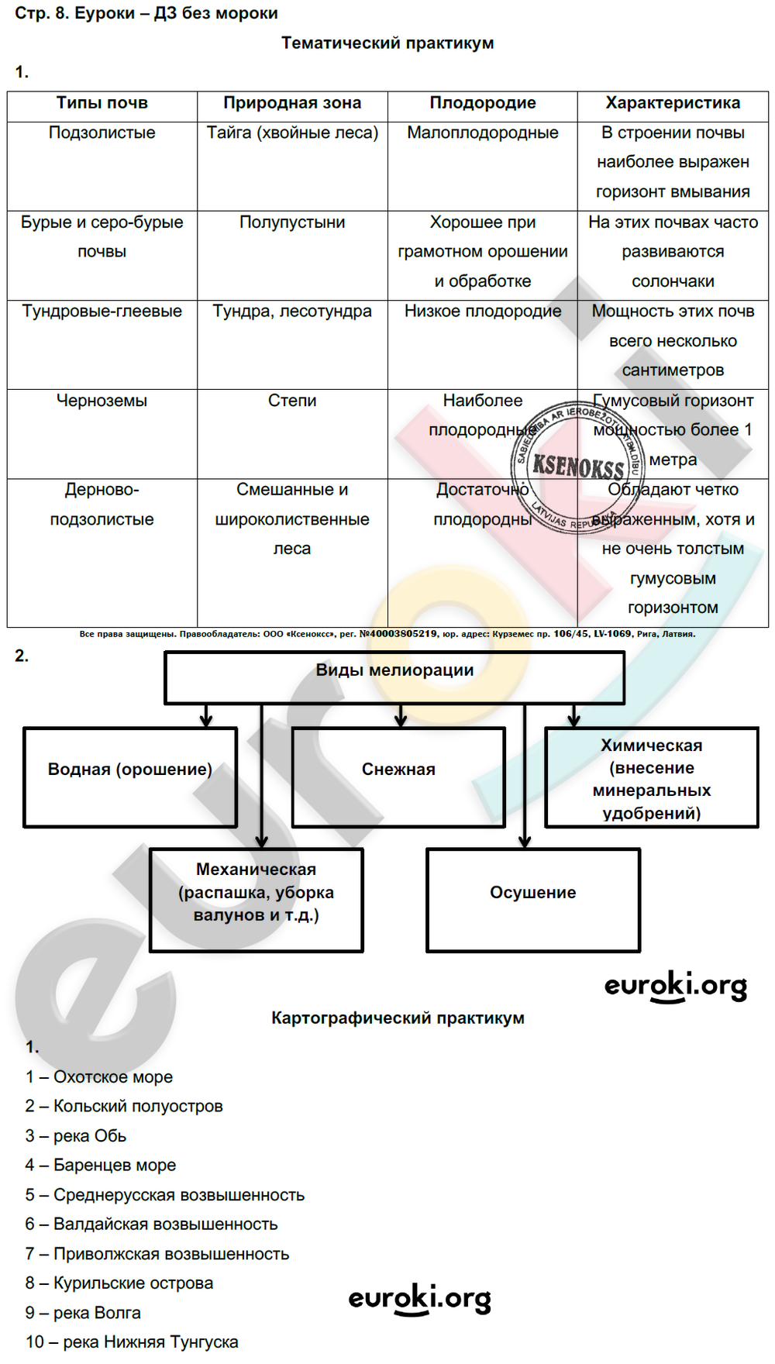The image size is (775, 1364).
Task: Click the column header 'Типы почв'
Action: (x=102, y=103)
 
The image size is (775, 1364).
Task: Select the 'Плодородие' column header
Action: (x=482, y=103)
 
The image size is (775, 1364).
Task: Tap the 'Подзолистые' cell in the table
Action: (x=102, y=133)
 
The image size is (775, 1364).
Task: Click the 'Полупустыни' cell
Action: (x=292, y=222)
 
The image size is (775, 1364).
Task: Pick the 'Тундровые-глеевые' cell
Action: (x=102, y=312)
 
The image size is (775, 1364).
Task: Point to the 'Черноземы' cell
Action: (x=102, y=401)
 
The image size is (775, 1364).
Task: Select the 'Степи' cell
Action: (x=292, y=401)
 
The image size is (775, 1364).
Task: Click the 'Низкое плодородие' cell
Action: (x=482, y=312)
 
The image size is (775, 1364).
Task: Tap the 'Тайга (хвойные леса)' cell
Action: (x=292, y=133)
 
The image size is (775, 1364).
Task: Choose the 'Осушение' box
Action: (x=533, y=899)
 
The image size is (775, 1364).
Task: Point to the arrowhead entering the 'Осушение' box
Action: (x=525, y=842)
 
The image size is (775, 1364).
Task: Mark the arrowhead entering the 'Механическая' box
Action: (x=262, y=842)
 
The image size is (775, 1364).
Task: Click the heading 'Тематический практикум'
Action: (x=387, y=43)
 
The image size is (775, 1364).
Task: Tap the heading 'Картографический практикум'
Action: (x=398, y=1018)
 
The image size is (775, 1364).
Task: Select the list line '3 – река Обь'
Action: (x=76, y=1136)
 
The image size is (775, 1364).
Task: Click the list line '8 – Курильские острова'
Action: (x=119, y=1283)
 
